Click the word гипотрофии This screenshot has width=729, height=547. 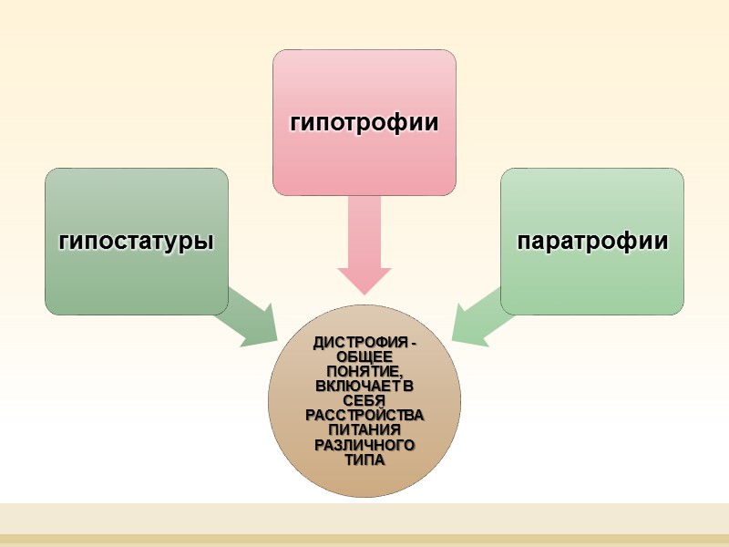(x=364, y=122)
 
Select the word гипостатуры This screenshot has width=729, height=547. (x=137, y=242)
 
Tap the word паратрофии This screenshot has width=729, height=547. (x=592, y=242)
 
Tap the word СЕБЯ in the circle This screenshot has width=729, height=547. (x=364, y=401)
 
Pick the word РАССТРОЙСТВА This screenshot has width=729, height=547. (x=364, y=416)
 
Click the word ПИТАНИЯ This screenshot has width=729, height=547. (x=364, y=430)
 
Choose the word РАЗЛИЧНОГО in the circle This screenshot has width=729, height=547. (x=364, y=445)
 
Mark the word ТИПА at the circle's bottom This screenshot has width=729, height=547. (x=364, y=459)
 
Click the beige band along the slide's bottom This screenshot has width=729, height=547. (x=364, y=518)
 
